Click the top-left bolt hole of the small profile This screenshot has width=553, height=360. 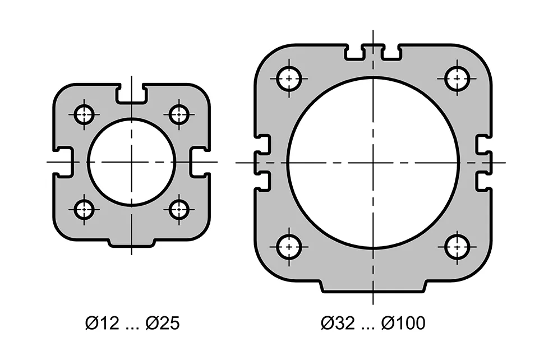pyautogui.click(x=84, y=115)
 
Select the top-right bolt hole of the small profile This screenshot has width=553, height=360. pyautogui.click(x=179, y=115)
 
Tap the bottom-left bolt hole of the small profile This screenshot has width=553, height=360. pyautogui.click(x=84, y=210)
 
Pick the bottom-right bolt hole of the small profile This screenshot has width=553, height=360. pyautogui.click(x=179, y=210)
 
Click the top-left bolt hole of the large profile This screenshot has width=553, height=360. pyautogui.click(x=289, y=78)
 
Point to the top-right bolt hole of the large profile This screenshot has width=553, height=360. pyautogui.click(x=457, y=78)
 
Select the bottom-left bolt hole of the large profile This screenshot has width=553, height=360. pyautogui.click(x=289, y=247)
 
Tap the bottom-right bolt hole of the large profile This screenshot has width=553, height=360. pyautogui.click(x=457, y=247)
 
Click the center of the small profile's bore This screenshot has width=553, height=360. pyautogui.click(x=131, y=162)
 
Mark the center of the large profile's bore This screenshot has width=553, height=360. pyautogui.click(x=373, y=163)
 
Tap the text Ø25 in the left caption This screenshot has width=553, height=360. pyautogui.click(x=163, y=324)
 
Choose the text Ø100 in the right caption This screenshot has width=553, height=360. pyautogui.click(x=403, y=324)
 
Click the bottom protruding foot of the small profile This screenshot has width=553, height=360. pyautogui.click(x=131, y=243)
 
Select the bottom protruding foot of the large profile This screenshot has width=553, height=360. pyautogui.click(x=373, y=288)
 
